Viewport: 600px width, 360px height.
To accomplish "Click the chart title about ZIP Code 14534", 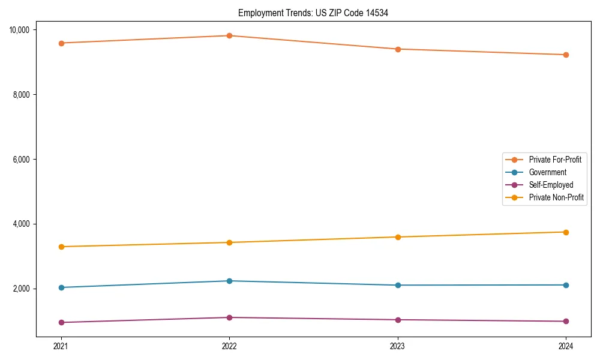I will click(313, 13).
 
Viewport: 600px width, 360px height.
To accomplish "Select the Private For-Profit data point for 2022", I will click(229, 35).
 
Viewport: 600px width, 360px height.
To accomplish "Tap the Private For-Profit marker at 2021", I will click(61, 43).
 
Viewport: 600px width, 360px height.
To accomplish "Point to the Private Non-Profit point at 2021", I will click(61, 247).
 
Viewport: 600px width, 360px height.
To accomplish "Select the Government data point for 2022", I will click(229, 281).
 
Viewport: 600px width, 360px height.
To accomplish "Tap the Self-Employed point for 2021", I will click(61, 322).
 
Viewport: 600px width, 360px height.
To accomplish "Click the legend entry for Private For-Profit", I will click(554, 160).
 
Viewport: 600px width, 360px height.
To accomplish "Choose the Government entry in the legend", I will click(547, 172).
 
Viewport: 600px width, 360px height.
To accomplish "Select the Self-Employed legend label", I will click(551, 185).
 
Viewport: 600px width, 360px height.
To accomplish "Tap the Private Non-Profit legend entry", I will click(556, 197).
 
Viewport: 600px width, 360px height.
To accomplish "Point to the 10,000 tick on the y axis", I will click(23, 30).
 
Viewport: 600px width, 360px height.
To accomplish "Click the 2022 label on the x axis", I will click(229, 346).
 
